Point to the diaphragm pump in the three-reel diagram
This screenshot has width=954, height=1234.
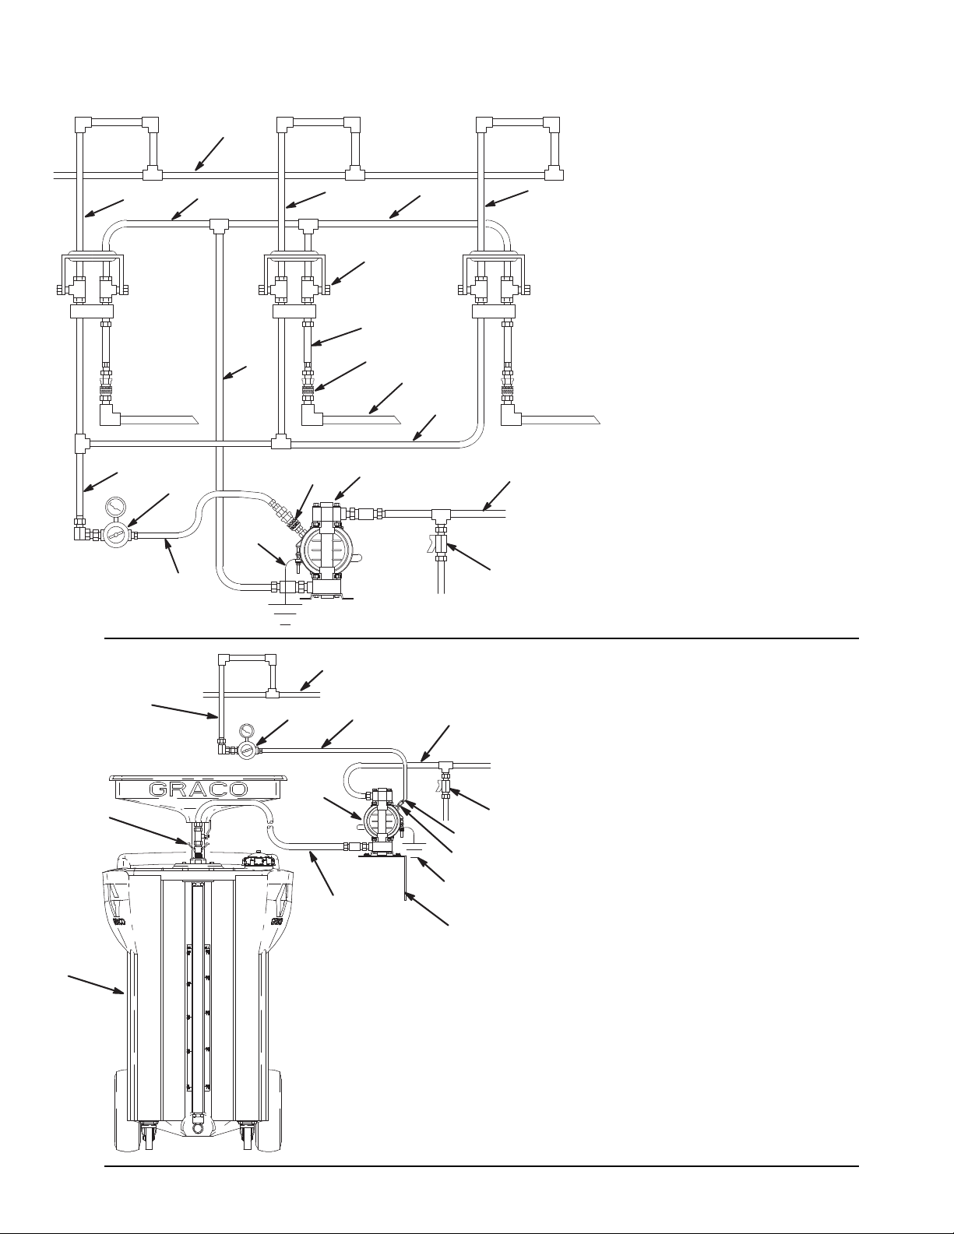point(324,548)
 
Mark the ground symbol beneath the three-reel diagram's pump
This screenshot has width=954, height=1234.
point(286,613)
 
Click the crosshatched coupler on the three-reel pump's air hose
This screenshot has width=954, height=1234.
point(293,523)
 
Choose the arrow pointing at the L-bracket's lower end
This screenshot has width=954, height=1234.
point(427,909)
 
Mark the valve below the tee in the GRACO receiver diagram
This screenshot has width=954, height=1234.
point(447,787)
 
